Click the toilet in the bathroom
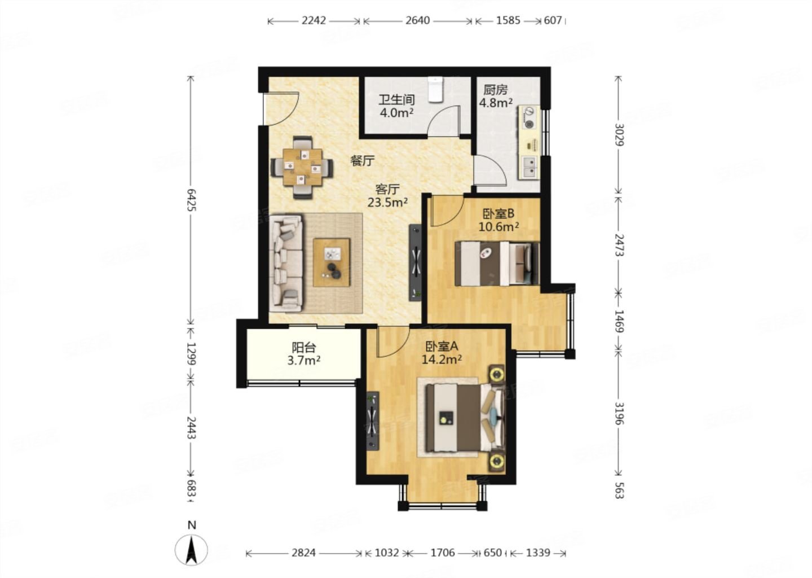(435, 89)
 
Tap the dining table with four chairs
(302, 168)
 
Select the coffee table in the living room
(332, 262)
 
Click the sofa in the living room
(286, 264)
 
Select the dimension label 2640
(418, 20)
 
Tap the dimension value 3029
(619, 134)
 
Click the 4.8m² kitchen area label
(496, 103)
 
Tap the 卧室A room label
(442, 347)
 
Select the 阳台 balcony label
(304, 348)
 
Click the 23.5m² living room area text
(387, 202)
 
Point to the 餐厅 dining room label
(362, 160)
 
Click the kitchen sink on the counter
(530, 167)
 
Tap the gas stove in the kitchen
(529, 117)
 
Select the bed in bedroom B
(497, 264)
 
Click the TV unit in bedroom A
(373, 421)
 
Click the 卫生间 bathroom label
(396, 100)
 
